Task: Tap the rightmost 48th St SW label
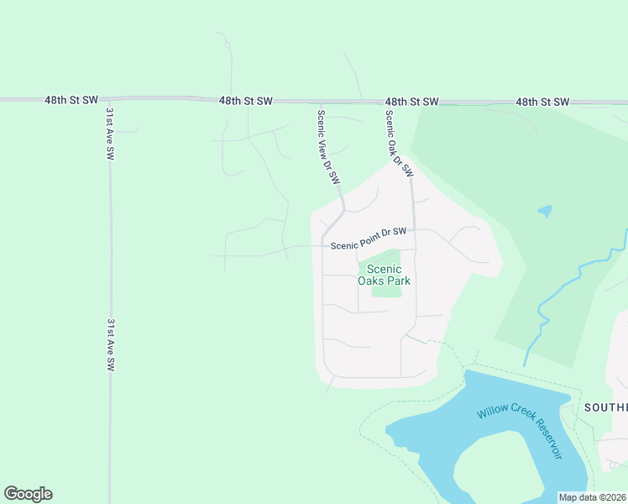542,102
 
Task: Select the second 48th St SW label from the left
246,101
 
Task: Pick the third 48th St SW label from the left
412,102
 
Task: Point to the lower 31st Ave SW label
110,344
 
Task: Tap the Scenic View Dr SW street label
329,146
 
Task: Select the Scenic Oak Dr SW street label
400,143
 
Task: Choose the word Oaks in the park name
372,281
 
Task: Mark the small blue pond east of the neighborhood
545,211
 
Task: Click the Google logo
28,494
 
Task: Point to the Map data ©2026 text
591,497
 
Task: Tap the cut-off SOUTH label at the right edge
605,407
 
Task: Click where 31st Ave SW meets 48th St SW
109,99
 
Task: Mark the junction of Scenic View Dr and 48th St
317,101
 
